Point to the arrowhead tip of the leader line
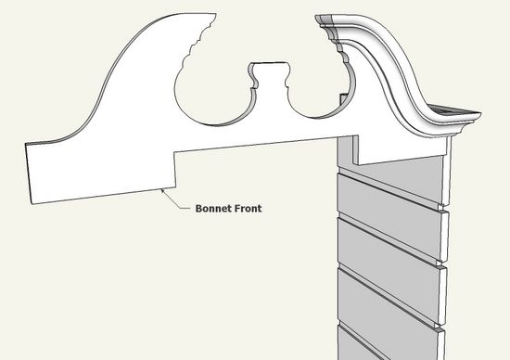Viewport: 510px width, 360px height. click(162, 188)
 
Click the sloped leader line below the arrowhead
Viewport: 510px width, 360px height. click(176, 201)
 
